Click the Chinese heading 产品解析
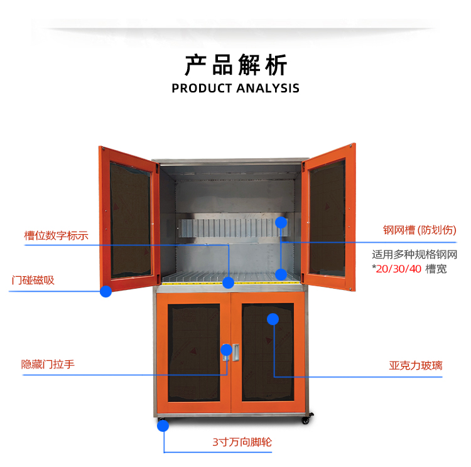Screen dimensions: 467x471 (x=235, y=65)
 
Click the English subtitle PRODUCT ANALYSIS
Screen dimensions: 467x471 (x=235, y=88)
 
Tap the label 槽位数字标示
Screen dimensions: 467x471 (x=57, y=236)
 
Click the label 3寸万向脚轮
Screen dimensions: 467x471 (x=242, y=442)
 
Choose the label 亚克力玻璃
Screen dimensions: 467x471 (x=415, y=365)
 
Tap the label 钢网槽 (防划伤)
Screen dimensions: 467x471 (x=420, y=230)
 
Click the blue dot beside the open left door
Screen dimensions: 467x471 (x=106, y=291)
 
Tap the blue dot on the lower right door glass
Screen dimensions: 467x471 (x=273, y=319)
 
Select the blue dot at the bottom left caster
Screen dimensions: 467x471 (x=163, y=426)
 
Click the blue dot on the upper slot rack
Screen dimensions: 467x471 (x=281, y=222)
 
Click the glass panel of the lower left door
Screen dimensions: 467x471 (x=193, y=352)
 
